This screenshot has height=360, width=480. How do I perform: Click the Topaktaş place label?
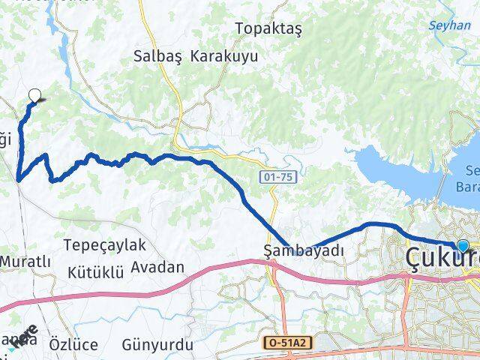coord(268,28)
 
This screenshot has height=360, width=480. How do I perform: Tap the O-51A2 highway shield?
coord(289,342)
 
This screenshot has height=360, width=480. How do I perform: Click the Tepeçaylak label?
coord(105,245)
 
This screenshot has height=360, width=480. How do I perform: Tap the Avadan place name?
coord(157,267)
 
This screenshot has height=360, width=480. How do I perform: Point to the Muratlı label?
coord(26,261)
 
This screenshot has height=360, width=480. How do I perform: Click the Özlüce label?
coord(73,345)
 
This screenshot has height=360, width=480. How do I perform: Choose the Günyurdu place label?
coord(158,345)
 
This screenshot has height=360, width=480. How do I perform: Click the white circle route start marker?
coord(34,94)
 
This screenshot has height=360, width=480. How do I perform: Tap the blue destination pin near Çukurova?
coord(463,246)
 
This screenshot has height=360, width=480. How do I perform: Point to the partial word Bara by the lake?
coord(468,186)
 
